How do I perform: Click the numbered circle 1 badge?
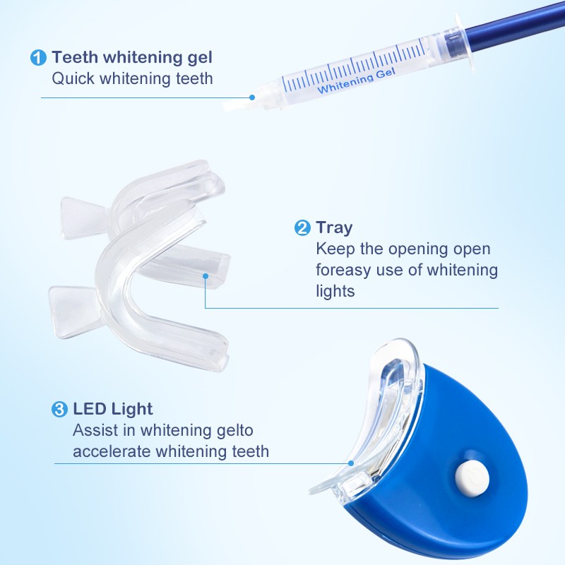tap(38, 59)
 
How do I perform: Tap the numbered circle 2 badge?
tap(302, 227)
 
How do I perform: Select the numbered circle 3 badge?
tap(60, 409)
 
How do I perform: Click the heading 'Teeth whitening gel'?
tap(131, 58)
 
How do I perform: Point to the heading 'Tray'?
tap(334, 227)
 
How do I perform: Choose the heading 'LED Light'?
tap(112, 408)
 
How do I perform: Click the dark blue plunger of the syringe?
tap(509, 28)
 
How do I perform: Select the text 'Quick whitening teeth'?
tap(132, 78)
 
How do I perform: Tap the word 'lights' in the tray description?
tap(335, 291)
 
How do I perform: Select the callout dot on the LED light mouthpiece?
tap(351, 463)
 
